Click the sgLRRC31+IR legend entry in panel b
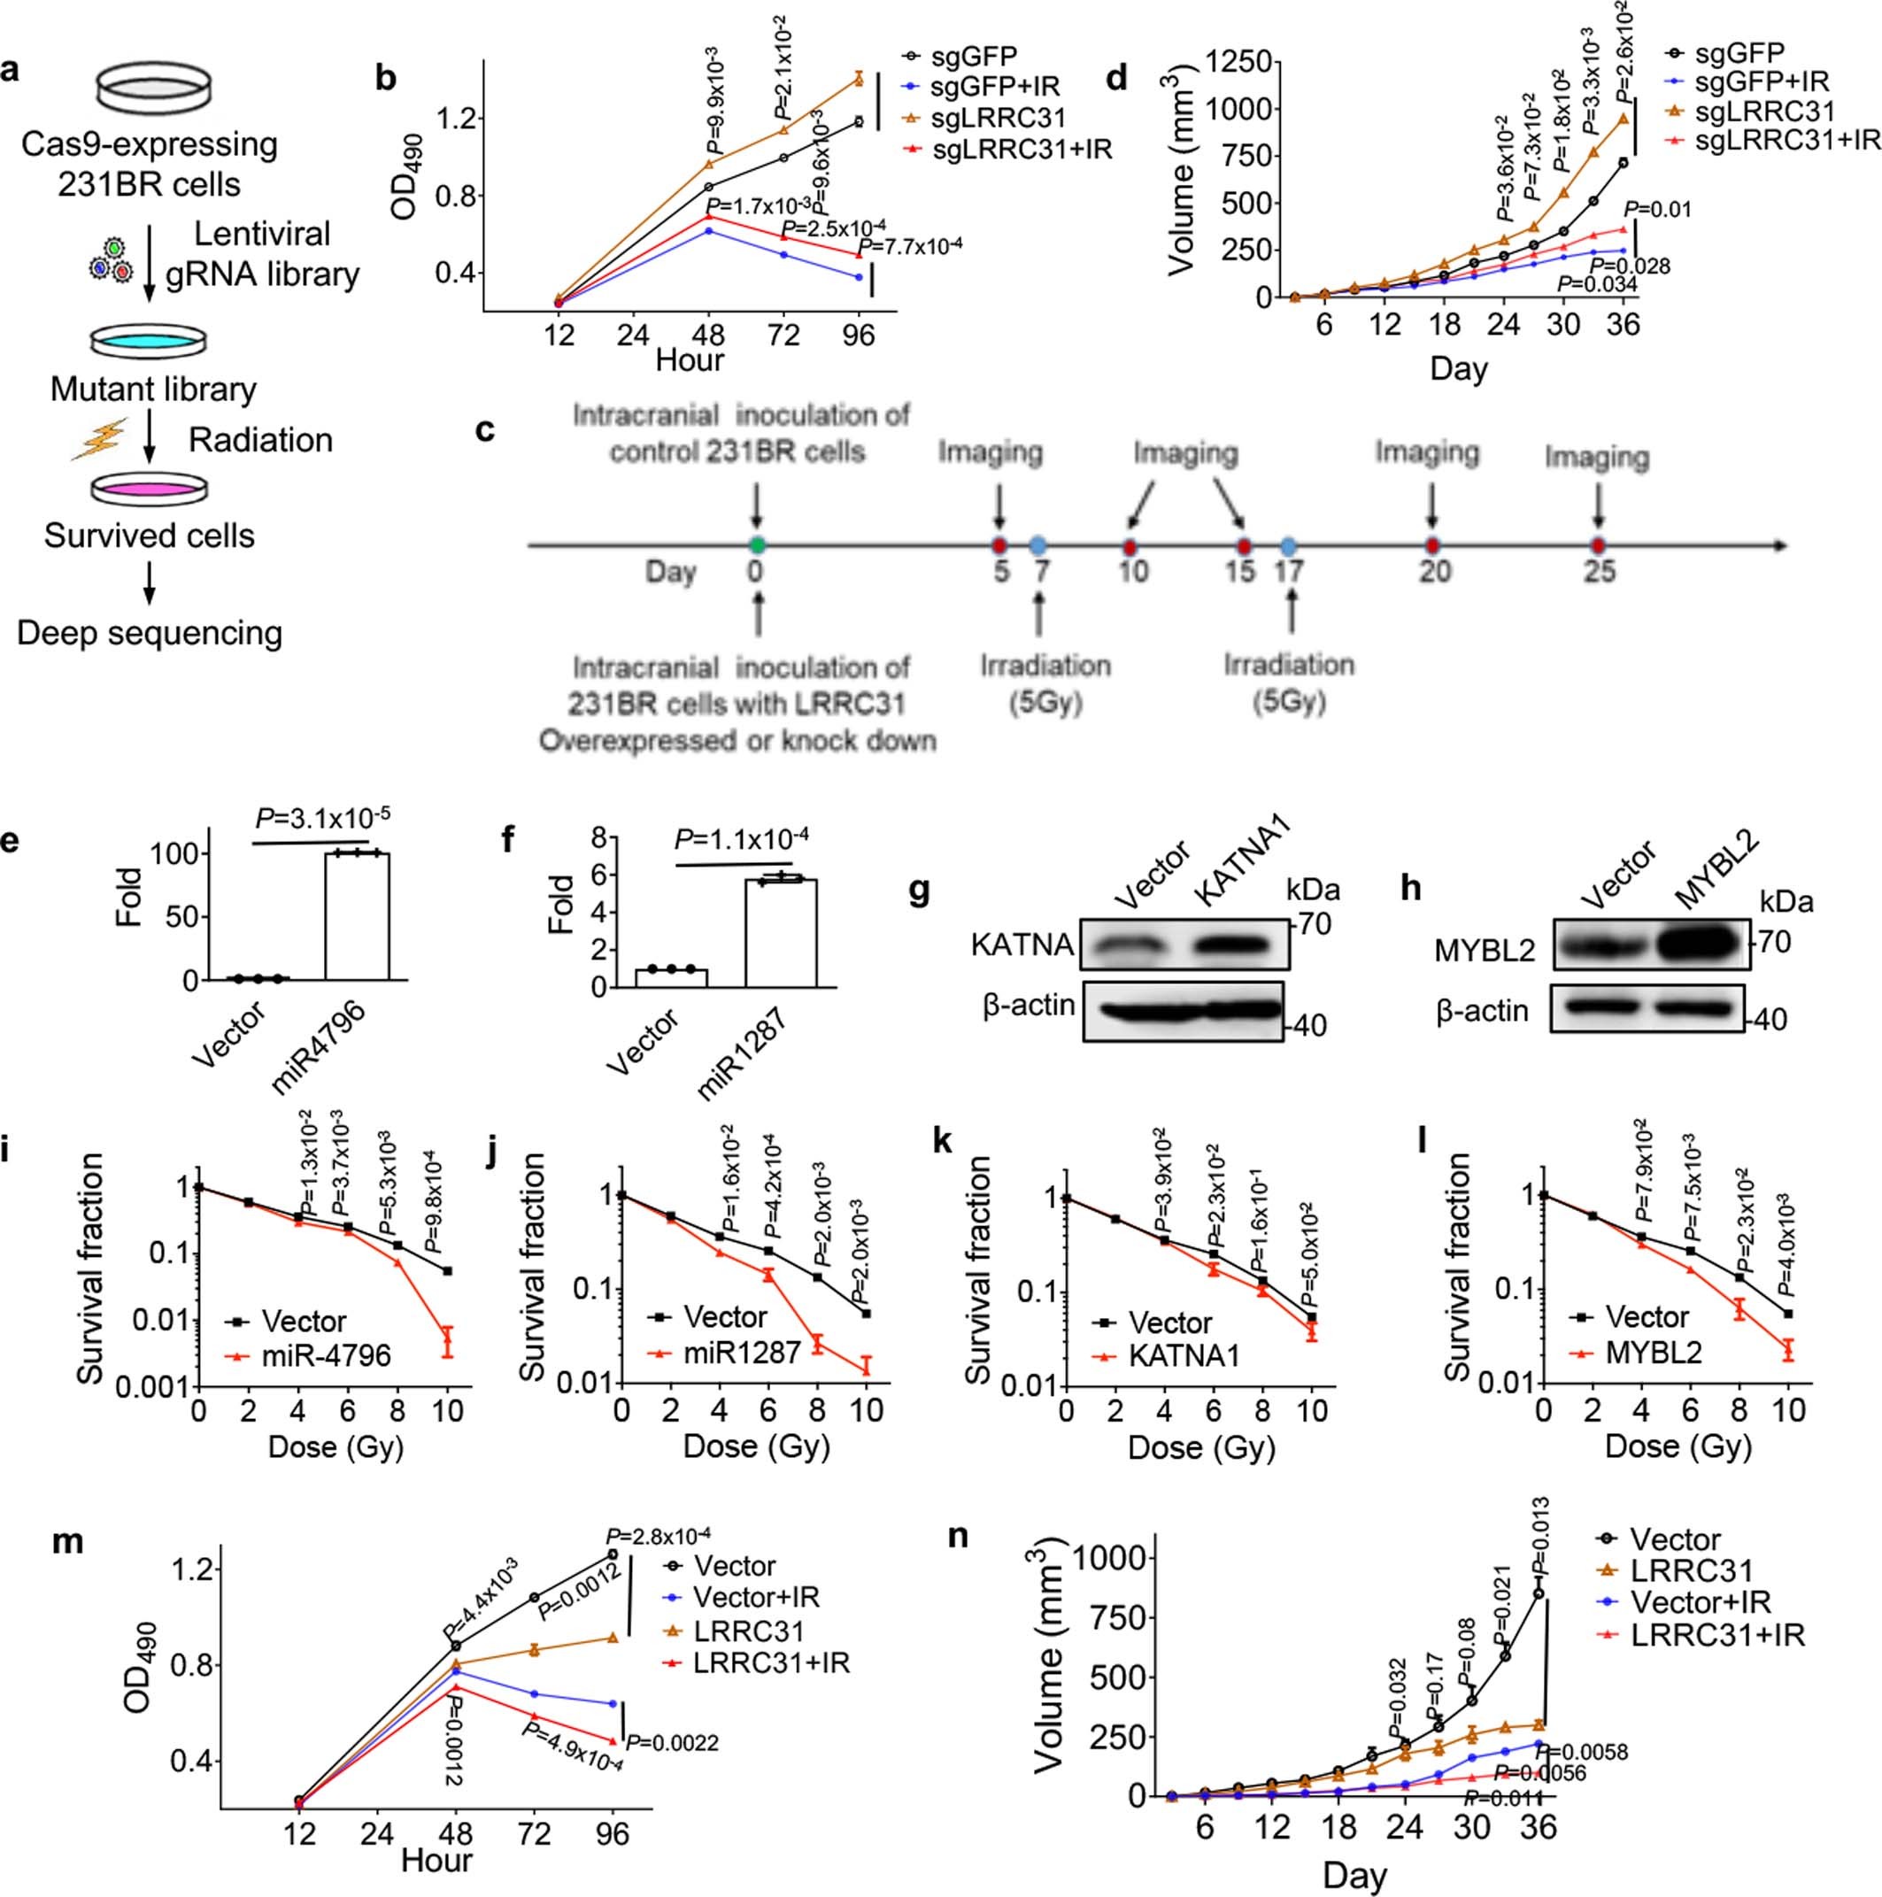point(1022,151)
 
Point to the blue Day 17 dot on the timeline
point(1289,545)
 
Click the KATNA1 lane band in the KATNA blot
point(1231,952)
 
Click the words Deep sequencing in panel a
point(150,632)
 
